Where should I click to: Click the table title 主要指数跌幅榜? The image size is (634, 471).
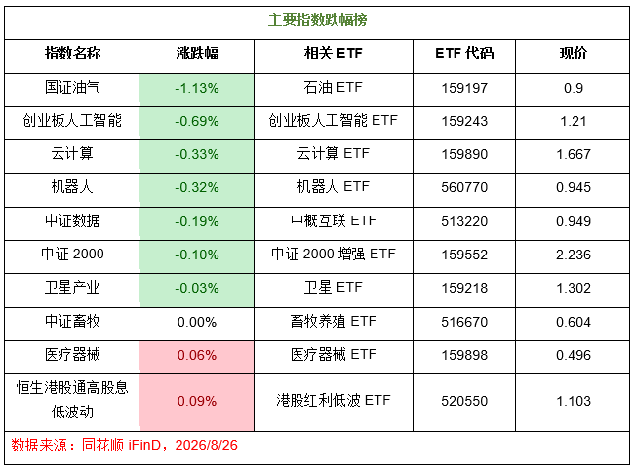point(317,20)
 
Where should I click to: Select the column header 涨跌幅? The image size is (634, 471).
point(197,53)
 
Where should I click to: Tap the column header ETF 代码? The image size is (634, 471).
point(464,53)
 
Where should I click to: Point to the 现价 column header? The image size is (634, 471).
point(573,53)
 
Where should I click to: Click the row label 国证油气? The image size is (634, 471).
point(72,87)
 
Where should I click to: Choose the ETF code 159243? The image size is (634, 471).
point(464,121)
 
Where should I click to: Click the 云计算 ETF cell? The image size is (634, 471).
point(334,154)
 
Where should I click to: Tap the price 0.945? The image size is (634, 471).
point(573,187)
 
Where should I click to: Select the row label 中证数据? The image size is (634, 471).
point(72,220)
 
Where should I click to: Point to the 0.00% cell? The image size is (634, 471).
point(197,322)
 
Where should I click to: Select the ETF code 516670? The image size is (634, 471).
point(464,322)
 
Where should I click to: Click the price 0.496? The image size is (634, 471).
point(573,355)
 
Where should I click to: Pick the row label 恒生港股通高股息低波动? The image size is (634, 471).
point(72,400)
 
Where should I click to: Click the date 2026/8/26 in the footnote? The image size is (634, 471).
point(206,445)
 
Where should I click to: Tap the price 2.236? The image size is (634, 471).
point(573,255)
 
